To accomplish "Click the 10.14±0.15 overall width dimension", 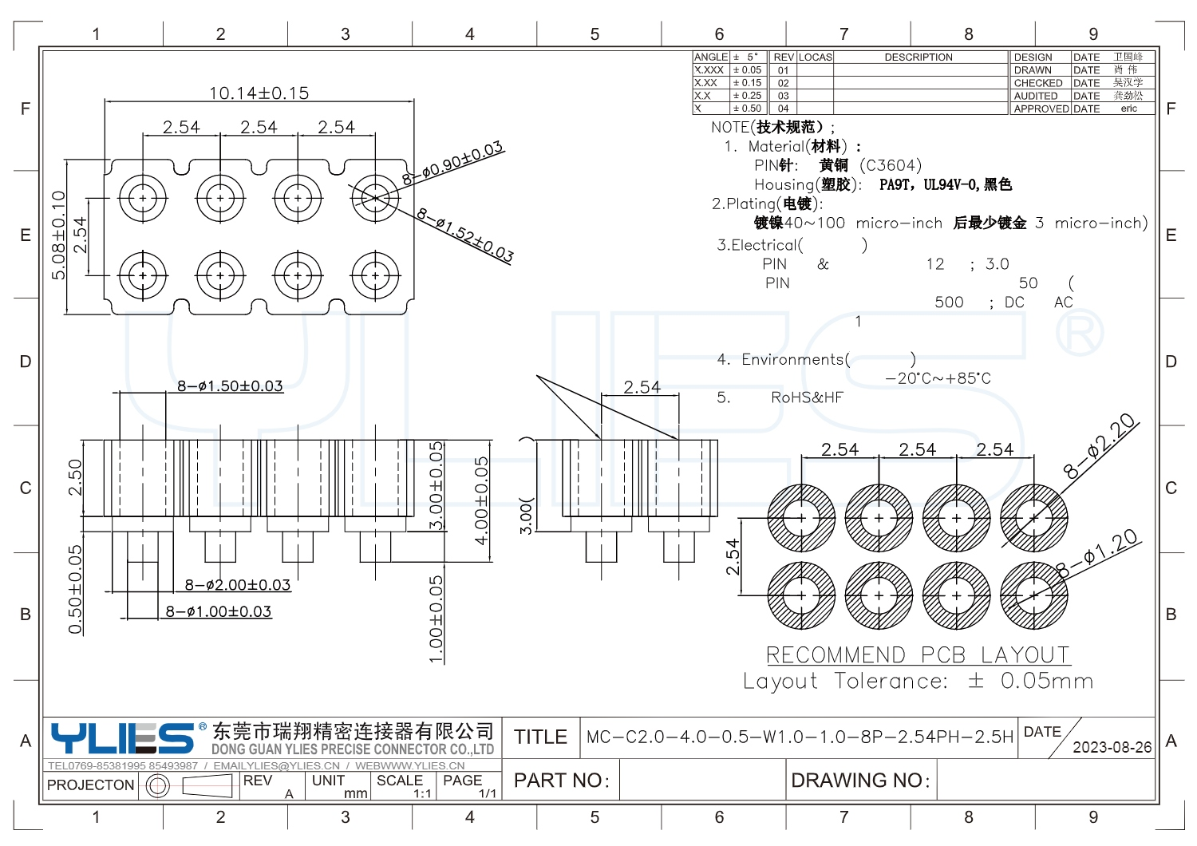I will click(259, 93).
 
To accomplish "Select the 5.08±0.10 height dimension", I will click(58, 235).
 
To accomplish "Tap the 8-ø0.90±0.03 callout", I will click(453, 163).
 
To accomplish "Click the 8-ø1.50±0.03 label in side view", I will click(230, 386).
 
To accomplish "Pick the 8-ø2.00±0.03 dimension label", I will click(238, 585).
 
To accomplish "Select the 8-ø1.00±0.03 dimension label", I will click(219, 611).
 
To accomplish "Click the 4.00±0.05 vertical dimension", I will click(481, 500).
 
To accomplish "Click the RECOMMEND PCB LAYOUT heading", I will click(918, 655).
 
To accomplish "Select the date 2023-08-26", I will click(1112, 748).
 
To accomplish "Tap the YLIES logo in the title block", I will click(122, 738).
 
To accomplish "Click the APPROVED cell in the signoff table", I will click(1041, 109).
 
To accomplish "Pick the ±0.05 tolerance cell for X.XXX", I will click(748, 70).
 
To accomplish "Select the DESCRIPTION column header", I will click(918, 57).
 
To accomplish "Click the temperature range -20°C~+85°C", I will click(938, 378).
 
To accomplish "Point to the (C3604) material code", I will click(891, 165).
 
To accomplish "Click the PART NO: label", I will click(562, 781).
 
